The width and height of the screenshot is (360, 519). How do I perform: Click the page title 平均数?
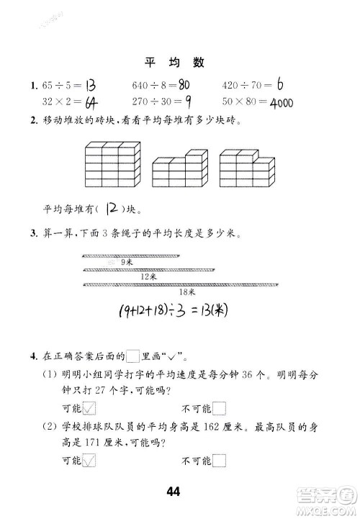tap(180, 63)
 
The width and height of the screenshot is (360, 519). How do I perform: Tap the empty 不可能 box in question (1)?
tap(220, 409)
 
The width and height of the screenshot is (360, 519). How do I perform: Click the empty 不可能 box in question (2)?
tap(220, 461)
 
